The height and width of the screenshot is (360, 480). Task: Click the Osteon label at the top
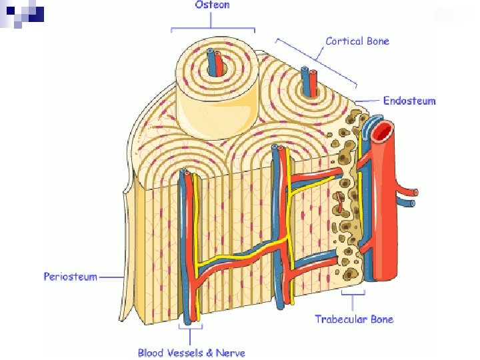pos(212,5)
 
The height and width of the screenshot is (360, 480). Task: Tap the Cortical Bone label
pos(357,41)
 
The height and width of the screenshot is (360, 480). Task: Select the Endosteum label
pos(409,101)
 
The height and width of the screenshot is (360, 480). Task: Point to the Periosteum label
pos(71,276)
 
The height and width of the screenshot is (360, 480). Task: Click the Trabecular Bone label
pos(354,319)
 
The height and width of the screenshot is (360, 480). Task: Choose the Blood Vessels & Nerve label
pos(191,352)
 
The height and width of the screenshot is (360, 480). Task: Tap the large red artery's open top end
pos(383,131)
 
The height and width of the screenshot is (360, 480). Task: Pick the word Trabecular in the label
pos(339,319)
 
